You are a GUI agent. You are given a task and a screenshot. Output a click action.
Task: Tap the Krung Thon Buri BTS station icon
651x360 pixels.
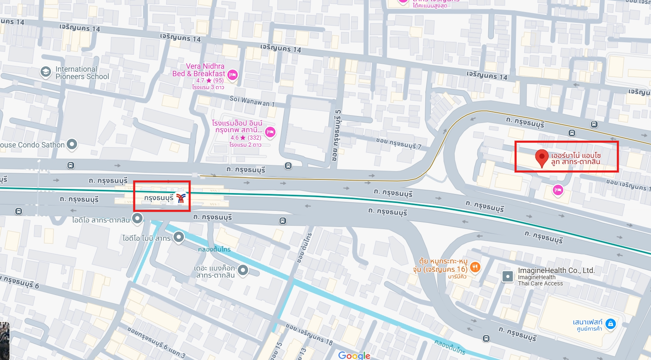[x=181, y=198]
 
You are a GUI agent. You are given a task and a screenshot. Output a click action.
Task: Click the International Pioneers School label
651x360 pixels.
[x=82, y=73]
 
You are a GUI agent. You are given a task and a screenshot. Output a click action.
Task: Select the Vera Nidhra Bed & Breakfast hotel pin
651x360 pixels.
[x=233, y=75]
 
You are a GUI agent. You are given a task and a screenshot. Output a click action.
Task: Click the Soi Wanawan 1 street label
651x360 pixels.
[x=252, y=101]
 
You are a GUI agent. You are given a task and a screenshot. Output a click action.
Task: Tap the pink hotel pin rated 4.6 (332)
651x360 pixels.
[x=270, y=132]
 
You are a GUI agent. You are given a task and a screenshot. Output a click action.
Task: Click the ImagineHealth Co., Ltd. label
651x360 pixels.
[x=556, y=271]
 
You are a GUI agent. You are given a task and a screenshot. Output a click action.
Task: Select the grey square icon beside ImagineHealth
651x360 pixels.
[x=508, y=276]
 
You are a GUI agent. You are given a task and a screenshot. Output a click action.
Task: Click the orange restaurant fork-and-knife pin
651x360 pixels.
[x=475, y=267]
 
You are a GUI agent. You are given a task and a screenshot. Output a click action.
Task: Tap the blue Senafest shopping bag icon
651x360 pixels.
[x=610, y=324]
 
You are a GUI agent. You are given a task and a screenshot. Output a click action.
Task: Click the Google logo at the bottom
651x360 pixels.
[x=354, y=355]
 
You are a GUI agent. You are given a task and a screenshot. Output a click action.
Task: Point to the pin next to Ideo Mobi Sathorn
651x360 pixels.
[x=178, y=237]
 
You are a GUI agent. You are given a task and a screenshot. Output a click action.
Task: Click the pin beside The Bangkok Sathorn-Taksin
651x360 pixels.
[x=243, y=270]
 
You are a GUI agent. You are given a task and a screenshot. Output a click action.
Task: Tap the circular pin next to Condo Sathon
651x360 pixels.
[x=72, y=144]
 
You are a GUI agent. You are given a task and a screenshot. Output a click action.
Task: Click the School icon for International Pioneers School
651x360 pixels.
[x=46, y=72]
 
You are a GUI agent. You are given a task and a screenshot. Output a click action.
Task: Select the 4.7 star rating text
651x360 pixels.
[x=210, y=80]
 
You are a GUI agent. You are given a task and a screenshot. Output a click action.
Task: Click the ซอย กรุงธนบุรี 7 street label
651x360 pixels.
[x=398, y=143]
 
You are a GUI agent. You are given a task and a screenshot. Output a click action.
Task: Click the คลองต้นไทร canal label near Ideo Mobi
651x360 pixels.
[x=214, y=249]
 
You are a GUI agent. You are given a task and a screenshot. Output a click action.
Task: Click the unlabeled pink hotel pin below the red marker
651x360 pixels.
[x=558, y=190]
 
